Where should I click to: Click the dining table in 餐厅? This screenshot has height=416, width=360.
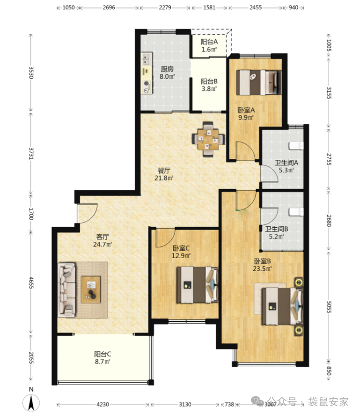click(208, 139)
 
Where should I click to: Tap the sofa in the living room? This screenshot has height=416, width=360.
click(67, 290)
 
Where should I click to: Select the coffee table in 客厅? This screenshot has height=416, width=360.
click(91, 290)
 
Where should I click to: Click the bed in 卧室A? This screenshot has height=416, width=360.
click(258, 82)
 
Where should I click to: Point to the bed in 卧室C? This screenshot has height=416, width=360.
click(198, 285)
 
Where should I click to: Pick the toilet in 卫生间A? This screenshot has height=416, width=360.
click(296, 146)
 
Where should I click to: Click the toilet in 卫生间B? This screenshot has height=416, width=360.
click(296, 212)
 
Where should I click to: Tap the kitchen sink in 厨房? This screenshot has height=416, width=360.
click(147, 59)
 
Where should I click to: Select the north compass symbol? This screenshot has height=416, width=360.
click(31, 400)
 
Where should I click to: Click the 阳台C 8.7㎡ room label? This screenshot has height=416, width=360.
click(103, 357)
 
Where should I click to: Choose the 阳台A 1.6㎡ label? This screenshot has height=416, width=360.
click(209, 45)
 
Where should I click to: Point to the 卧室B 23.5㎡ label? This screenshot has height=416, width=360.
click(262, 265)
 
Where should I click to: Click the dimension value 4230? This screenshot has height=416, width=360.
click(103, 404)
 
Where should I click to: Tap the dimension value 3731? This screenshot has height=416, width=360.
click(31, 154)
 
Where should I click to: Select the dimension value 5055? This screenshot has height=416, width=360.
click(329, 307)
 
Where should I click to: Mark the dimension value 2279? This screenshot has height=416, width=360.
click(165, 7)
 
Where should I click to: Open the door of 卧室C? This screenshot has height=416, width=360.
click(165, 238)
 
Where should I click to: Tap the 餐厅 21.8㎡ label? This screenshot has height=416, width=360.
click(164, 174)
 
